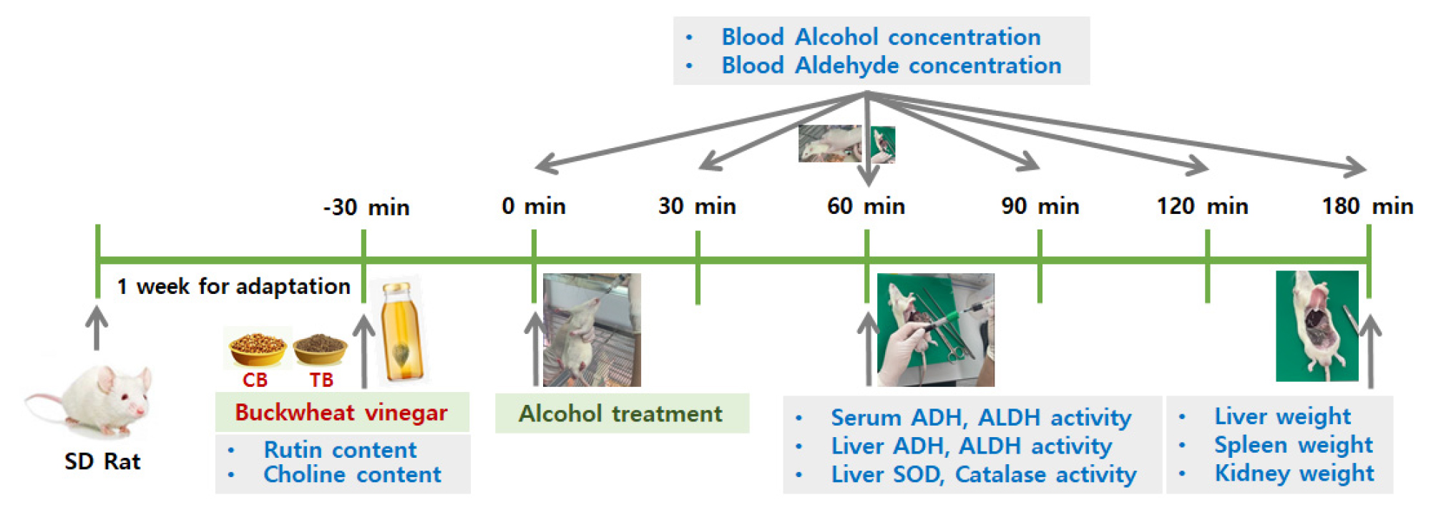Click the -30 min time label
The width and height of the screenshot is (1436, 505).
click(366, 207)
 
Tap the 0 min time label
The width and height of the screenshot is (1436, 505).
click(534, 206)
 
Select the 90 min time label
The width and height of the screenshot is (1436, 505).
click(1040, 206)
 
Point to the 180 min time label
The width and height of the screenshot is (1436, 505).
click(1367, 206)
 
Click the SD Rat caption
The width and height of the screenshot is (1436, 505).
click(102, 461)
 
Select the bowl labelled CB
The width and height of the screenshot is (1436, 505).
click(258, 348)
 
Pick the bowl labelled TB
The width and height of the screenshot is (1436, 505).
click(321, 349)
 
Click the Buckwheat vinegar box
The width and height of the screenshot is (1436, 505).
click(342, 412)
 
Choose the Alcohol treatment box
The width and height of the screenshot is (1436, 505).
click(622, 413)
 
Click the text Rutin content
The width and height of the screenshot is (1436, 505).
click(340, 450)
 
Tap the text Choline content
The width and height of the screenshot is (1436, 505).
click(352, 475)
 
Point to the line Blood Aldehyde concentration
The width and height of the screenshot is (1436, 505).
click(891, 66)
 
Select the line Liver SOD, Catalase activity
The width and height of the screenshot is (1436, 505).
click(984, 475)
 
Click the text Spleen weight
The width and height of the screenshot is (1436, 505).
click(1294, 445)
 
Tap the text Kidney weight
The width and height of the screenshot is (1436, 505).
click(1294, 474)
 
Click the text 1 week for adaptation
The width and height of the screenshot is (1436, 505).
click(234, 287)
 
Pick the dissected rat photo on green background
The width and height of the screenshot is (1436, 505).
click(1317, 326)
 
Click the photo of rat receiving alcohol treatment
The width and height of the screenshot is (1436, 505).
click(592, 330)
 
